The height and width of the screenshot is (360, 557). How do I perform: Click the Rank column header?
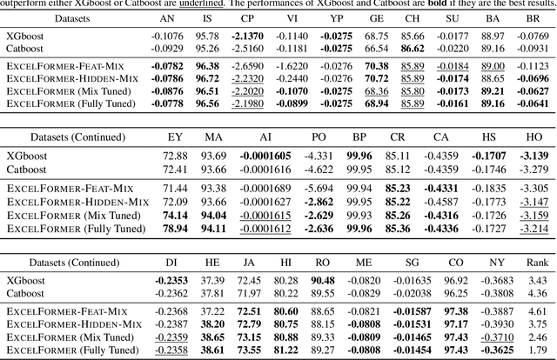pos(537,262)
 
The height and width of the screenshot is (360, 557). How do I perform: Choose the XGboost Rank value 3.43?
pos(537,279)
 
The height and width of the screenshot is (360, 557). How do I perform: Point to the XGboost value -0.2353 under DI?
pos(175,279)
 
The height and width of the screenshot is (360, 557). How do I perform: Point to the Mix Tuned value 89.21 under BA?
pos(493,90)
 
